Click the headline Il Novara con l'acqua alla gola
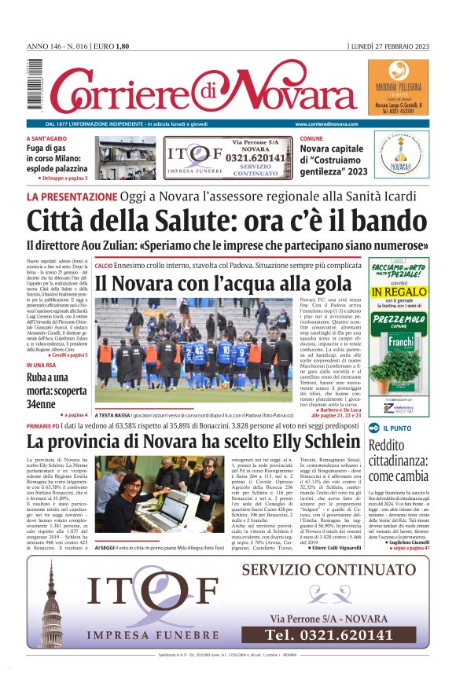222,283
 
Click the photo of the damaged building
127,159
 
